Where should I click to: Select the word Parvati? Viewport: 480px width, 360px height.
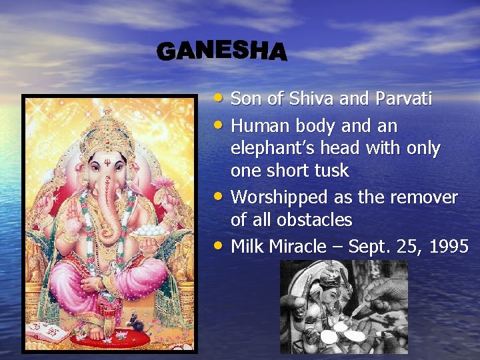tap(403, 99)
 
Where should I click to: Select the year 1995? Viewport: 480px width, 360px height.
tap(449, 247)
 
